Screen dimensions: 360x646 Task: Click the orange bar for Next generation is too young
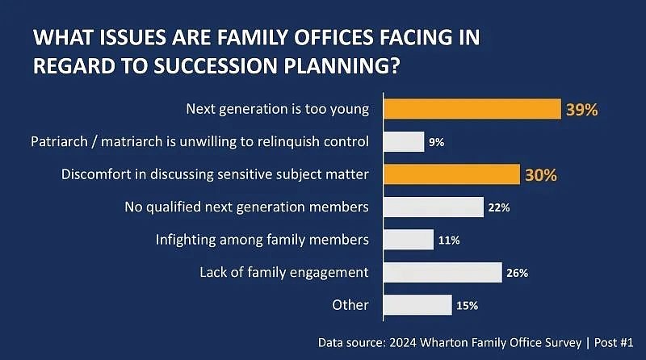tap(472, 109)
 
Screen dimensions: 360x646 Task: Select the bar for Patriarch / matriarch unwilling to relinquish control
tap(403, 141)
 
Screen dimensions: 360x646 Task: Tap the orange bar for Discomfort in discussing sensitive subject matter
tap(451, 174)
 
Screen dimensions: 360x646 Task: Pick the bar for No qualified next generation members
tap(433, 207)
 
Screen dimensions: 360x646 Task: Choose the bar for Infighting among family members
tap(408, 240)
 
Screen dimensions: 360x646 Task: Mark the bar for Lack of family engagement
tap(442, 272)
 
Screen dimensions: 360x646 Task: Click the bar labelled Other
tap(417, 305)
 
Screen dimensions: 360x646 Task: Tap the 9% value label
tap(437, 142)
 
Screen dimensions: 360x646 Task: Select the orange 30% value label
tap(540, 174)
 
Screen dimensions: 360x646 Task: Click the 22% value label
tap(497, 208)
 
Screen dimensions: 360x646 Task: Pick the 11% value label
tap(448, 241)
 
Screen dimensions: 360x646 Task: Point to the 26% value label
tap(517, 273)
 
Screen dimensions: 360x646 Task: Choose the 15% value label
tap(467, 306)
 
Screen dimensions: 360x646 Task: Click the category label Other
tap(350, 305)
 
